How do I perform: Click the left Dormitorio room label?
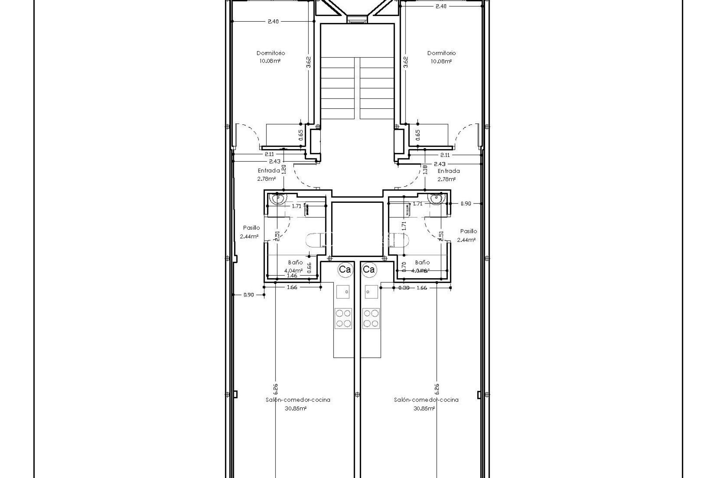click(x=270, y=53)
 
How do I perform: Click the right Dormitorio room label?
click(x=441, y=53)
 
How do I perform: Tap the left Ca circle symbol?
click(x=344, y=269)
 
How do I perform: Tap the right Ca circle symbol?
click(x=369, y=269)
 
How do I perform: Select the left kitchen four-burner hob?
click(x=343, y=318)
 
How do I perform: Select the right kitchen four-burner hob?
click(x=371, y=318)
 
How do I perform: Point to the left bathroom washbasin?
click(x=278, y=199)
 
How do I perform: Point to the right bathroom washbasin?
click(x=436, y=199)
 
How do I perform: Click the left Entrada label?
click(x=269, y=171)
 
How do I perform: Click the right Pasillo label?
click(x=468, y=231)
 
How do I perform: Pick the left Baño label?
click(x=295, y=263)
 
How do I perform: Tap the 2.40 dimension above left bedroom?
click(x=273, y=21)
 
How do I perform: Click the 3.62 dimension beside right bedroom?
click(x=406, y=62)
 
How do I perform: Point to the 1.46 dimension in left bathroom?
click(x=292, y=276)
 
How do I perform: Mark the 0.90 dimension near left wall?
click(x=249, y=295)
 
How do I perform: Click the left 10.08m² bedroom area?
click(x=270, y=60)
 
